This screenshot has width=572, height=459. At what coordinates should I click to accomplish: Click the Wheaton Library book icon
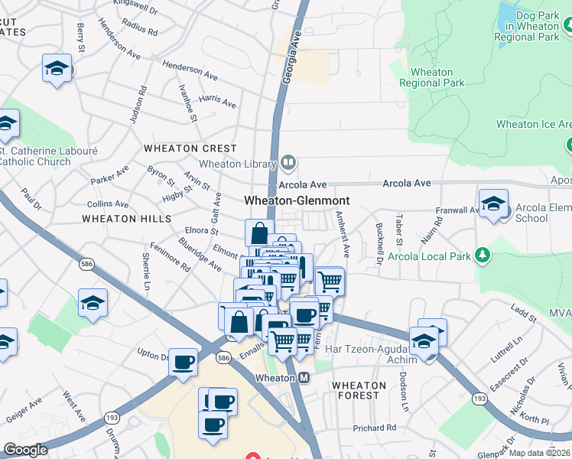pyautogui.click(x=288, y=161)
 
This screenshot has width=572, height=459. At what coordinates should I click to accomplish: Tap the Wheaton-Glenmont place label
pyautogui.click(x=297, y=200)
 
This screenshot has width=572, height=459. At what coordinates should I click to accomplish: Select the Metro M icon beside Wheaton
pyautogui.click(x=304, y=378)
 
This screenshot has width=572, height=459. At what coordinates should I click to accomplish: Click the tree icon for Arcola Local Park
pyautogui.click(x=482, y=255)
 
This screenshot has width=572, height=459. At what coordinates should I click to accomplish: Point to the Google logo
pyautogui.click(x=25, y=450)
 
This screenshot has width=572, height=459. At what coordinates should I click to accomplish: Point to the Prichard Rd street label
pyautogui.click(x=375, y=428)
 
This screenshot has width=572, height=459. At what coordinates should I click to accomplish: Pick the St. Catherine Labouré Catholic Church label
pyautogui.click(x=47, y=156)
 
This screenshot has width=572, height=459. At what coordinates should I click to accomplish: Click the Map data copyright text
pyautogui.click(x=539, y=452)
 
